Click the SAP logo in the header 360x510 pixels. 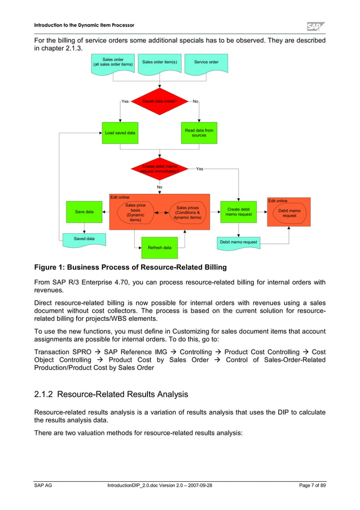point(315,26)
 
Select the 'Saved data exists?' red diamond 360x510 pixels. point(160,102)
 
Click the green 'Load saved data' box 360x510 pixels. point(120,133)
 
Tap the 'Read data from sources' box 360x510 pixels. point(199,133)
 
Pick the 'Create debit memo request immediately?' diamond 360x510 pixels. point(160,169)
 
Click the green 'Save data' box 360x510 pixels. point(84,212)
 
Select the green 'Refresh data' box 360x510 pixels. point(160,247)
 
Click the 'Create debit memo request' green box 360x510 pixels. point(239,212)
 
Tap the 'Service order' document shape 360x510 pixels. point(207,62)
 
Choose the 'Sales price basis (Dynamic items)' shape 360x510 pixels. point(135,212)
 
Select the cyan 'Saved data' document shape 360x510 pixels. point(84,239)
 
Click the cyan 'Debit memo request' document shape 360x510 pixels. point(239,242)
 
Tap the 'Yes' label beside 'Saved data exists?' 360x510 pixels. point(125,102)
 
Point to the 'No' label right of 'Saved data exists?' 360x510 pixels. point(195,102)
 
